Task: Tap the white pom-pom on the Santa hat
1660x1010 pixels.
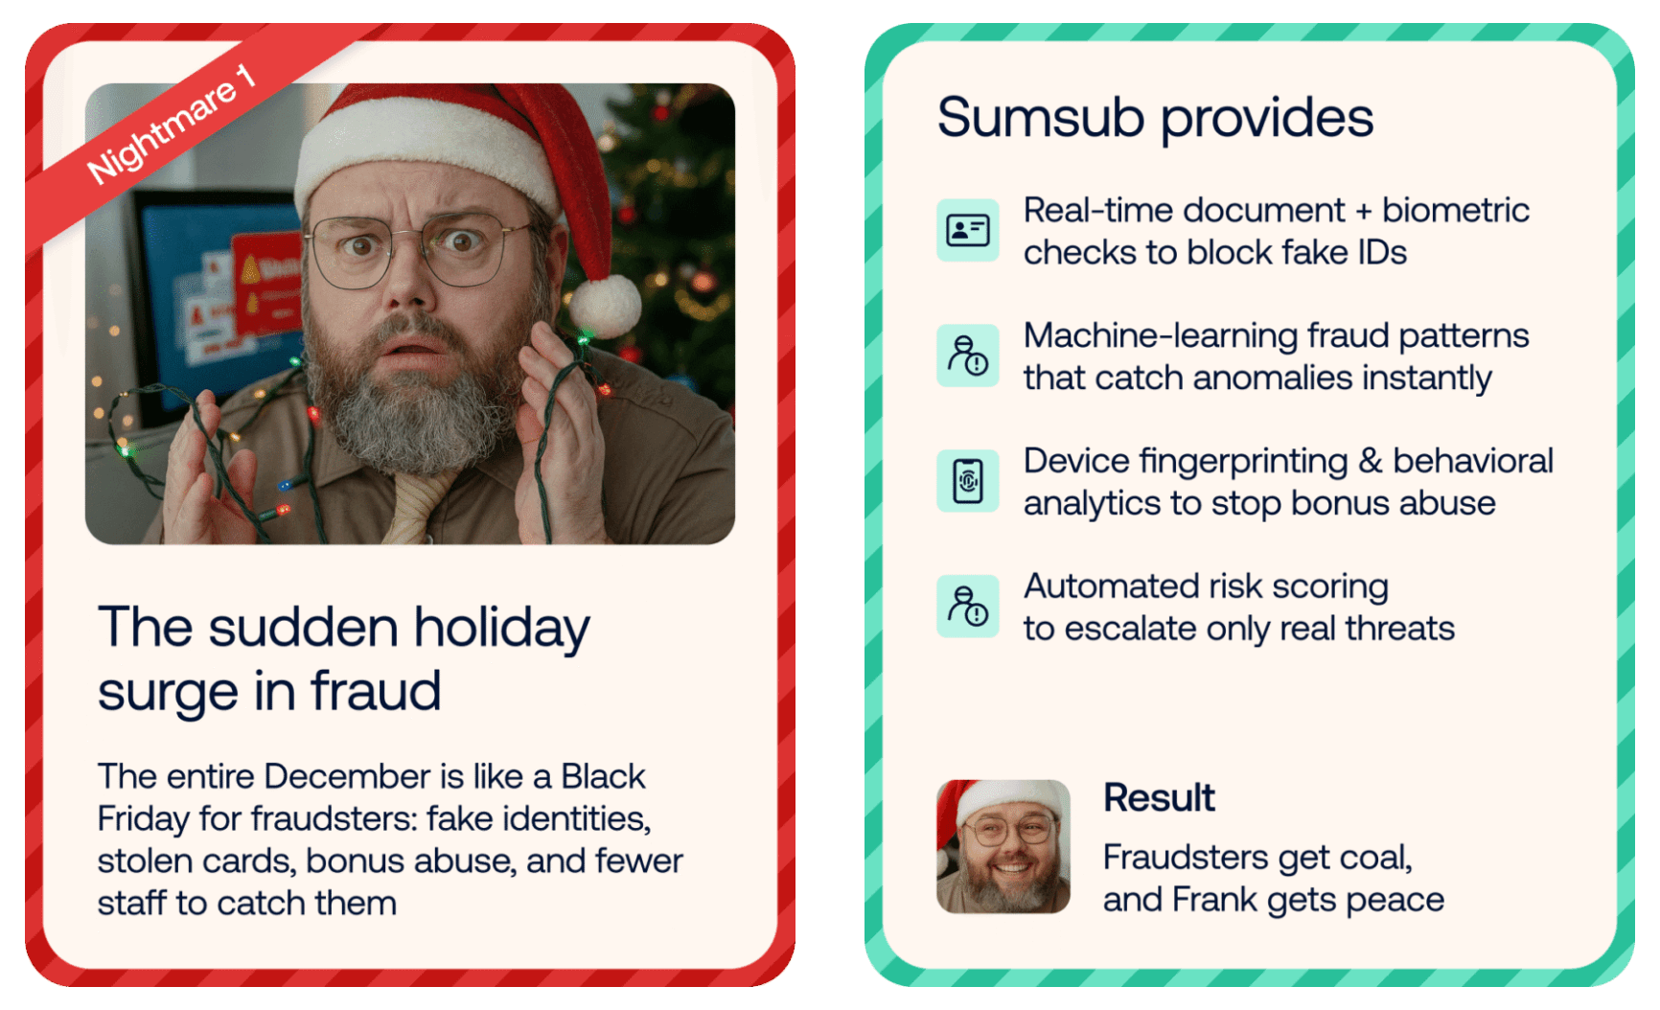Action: click(606, 305)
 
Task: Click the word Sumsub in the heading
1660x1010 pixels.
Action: click(1041, 118)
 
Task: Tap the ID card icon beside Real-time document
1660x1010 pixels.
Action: click(968, 230)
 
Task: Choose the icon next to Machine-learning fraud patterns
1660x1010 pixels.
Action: click(968, 356)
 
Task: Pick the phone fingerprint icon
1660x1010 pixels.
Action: click(968, 481)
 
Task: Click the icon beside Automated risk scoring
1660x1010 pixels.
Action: click(968, 607)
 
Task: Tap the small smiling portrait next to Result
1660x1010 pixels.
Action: click(1003, 846)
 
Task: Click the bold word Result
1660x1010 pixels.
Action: click(1159, 797)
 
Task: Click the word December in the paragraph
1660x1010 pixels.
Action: click(348, 776)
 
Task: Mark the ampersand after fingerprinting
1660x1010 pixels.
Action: click(1371, 461)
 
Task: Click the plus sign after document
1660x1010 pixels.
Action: click(1364, 211)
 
